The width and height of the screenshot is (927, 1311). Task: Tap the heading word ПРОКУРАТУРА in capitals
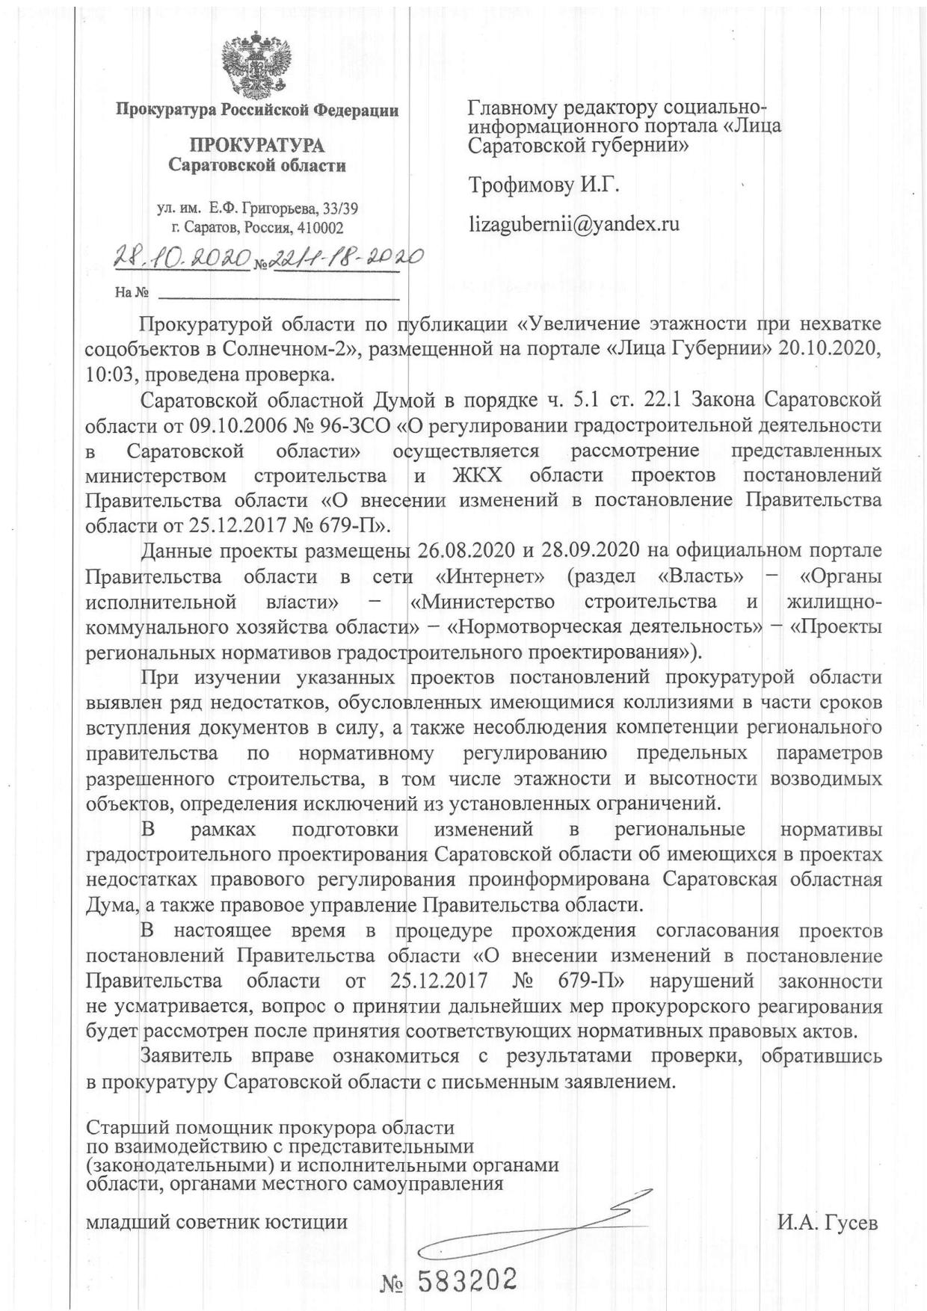click(x=256, y=145)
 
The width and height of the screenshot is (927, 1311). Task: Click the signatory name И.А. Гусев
click(x=828, y=1223)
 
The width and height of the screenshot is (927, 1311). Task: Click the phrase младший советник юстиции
click(x=218, y=1223)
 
